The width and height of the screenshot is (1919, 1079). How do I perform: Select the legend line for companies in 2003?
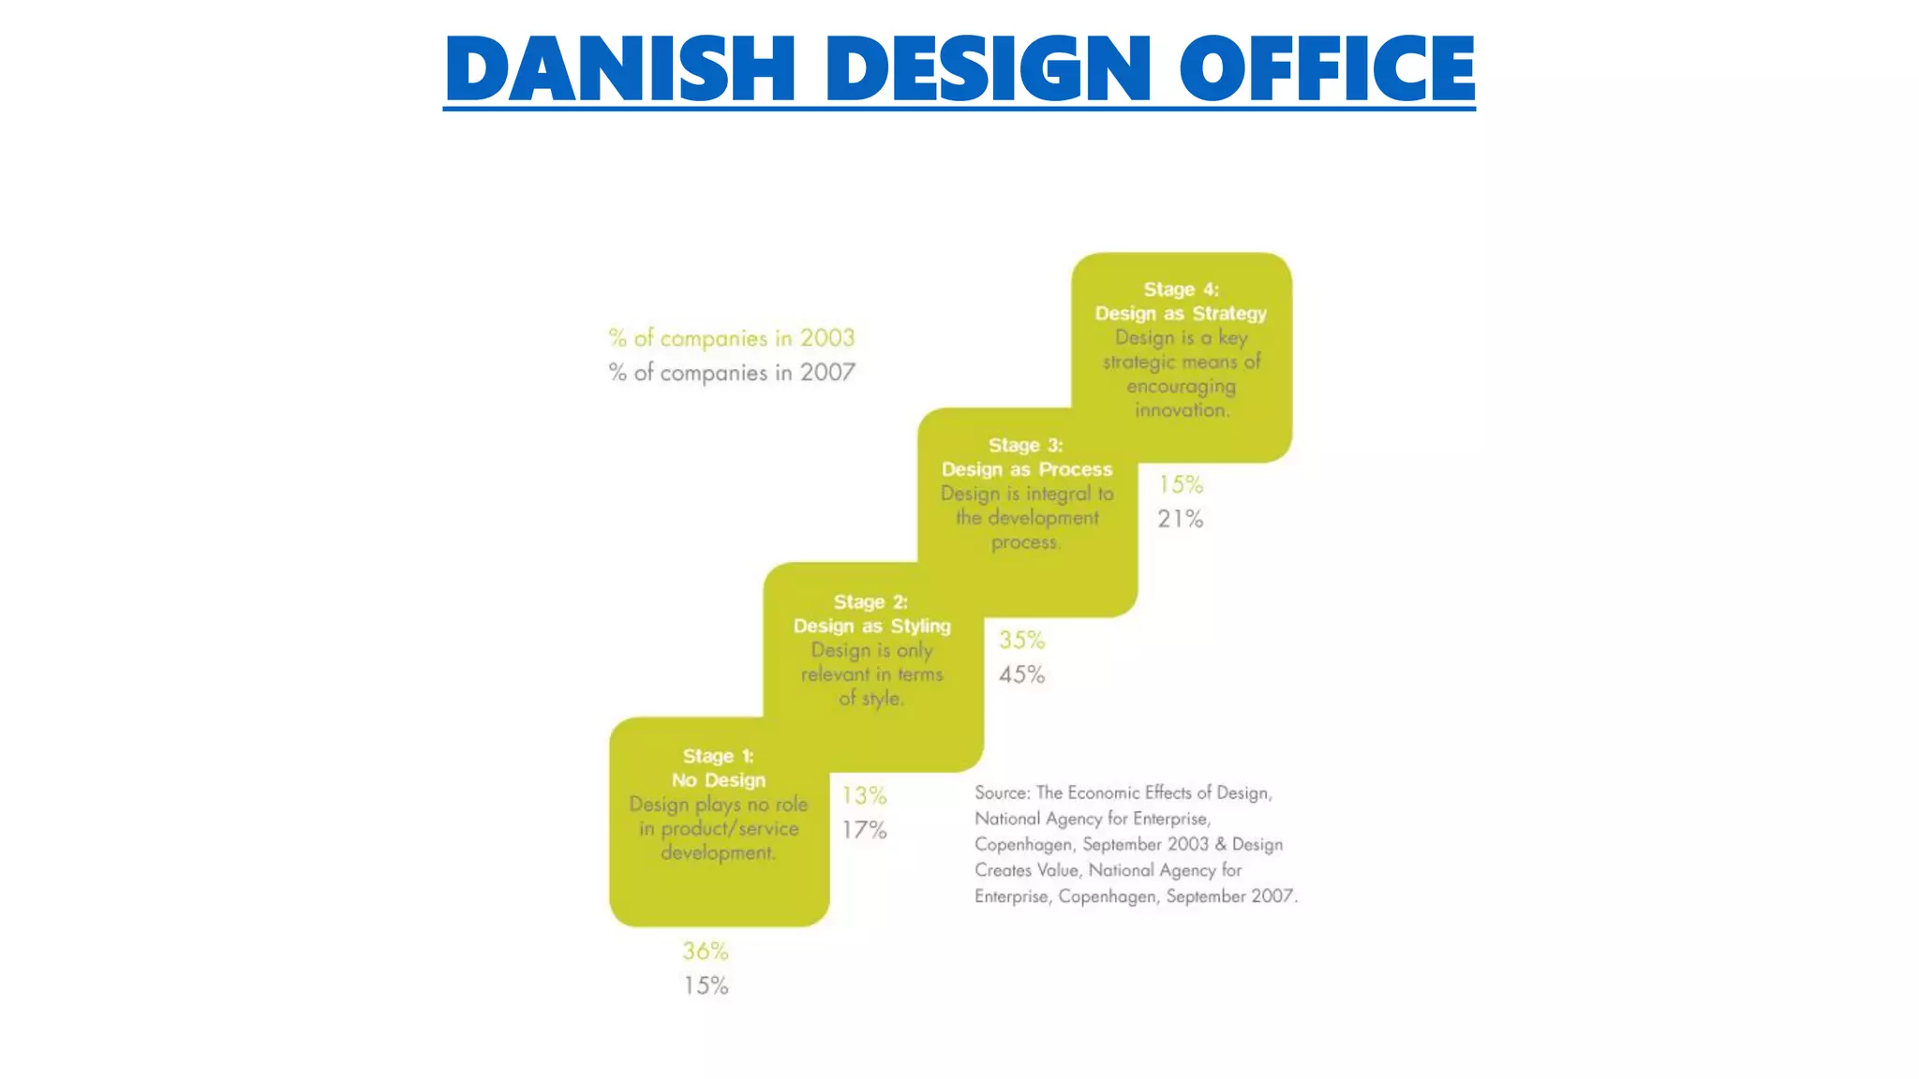731,338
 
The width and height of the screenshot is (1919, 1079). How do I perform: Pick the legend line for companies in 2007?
731,373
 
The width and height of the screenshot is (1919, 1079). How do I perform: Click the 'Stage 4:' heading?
1181,289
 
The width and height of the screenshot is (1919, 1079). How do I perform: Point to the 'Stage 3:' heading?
1026,445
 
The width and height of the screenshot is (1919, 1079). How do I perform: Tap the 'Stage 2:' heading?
870,601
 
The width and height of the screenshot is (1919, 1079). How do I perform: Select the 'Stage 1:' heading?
718,756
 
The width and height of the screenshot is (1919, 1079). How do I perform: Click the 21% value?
1180,519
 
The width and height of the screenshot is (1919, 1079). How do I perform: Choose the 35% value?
1021,641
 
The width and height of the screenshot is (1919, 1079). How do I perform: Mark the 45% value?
1021,674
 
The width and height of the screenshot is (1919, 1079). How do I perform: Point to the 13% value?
864,796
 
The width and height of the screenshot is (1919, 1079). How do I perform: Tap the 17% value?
864,830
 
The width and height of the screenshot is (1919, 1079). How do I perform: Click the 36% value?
706,952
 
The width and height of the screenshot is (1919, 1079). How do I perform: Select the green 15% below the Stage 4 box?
1180,484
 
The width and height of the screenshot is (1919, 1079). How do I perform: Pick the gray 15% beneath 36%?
706,985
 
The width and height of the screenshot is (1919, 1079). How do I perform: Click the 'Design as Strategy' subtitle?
1181,314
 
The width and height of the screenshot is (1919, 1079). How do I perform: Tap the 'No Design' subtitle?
718,780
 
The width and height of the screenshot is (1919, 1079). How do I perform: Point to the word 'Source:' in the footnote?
1002,793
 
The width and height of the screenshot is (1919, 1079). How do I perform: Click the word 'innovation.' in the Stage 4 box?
1181,410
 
